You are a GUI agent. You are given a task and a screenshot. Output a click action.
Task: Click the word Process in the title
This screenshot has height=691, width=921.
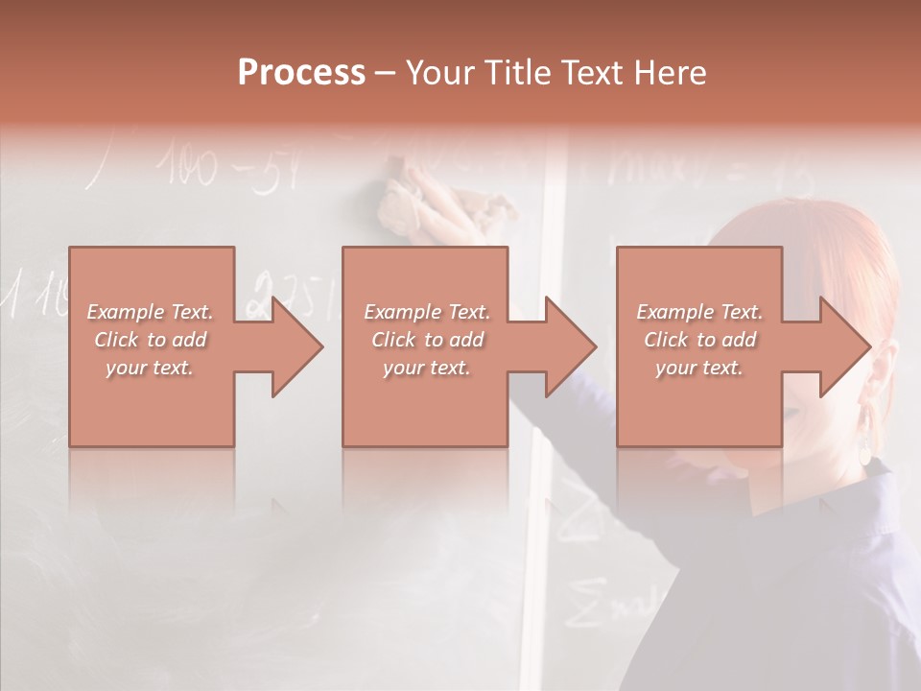[301, 73]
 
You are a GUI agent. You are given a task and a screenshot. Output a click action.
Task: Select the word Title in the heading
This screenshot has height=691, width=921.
[516, 73]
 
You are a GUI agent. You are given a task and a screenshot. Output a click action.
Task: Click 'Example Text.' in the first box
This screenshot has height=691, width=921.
[150, 312]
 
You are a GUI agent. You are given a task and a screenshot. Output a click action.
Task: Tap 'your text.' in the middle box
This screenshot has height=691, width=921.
[426, 368]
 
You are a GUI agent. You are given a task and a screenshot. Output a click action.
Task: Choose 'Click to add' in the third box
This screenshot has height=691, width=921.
[699, 340]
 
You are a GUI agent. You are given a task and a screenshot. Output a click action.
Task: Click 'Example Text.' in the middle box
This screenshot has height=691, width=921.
[426, 312]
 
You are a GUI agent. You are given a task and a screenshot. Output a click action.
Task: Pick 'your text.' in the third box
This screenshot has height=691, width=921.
[699, 368]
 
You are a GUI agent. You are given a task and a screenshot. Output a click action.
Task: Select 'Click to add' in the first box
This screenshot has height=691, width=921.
[150, 340]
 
